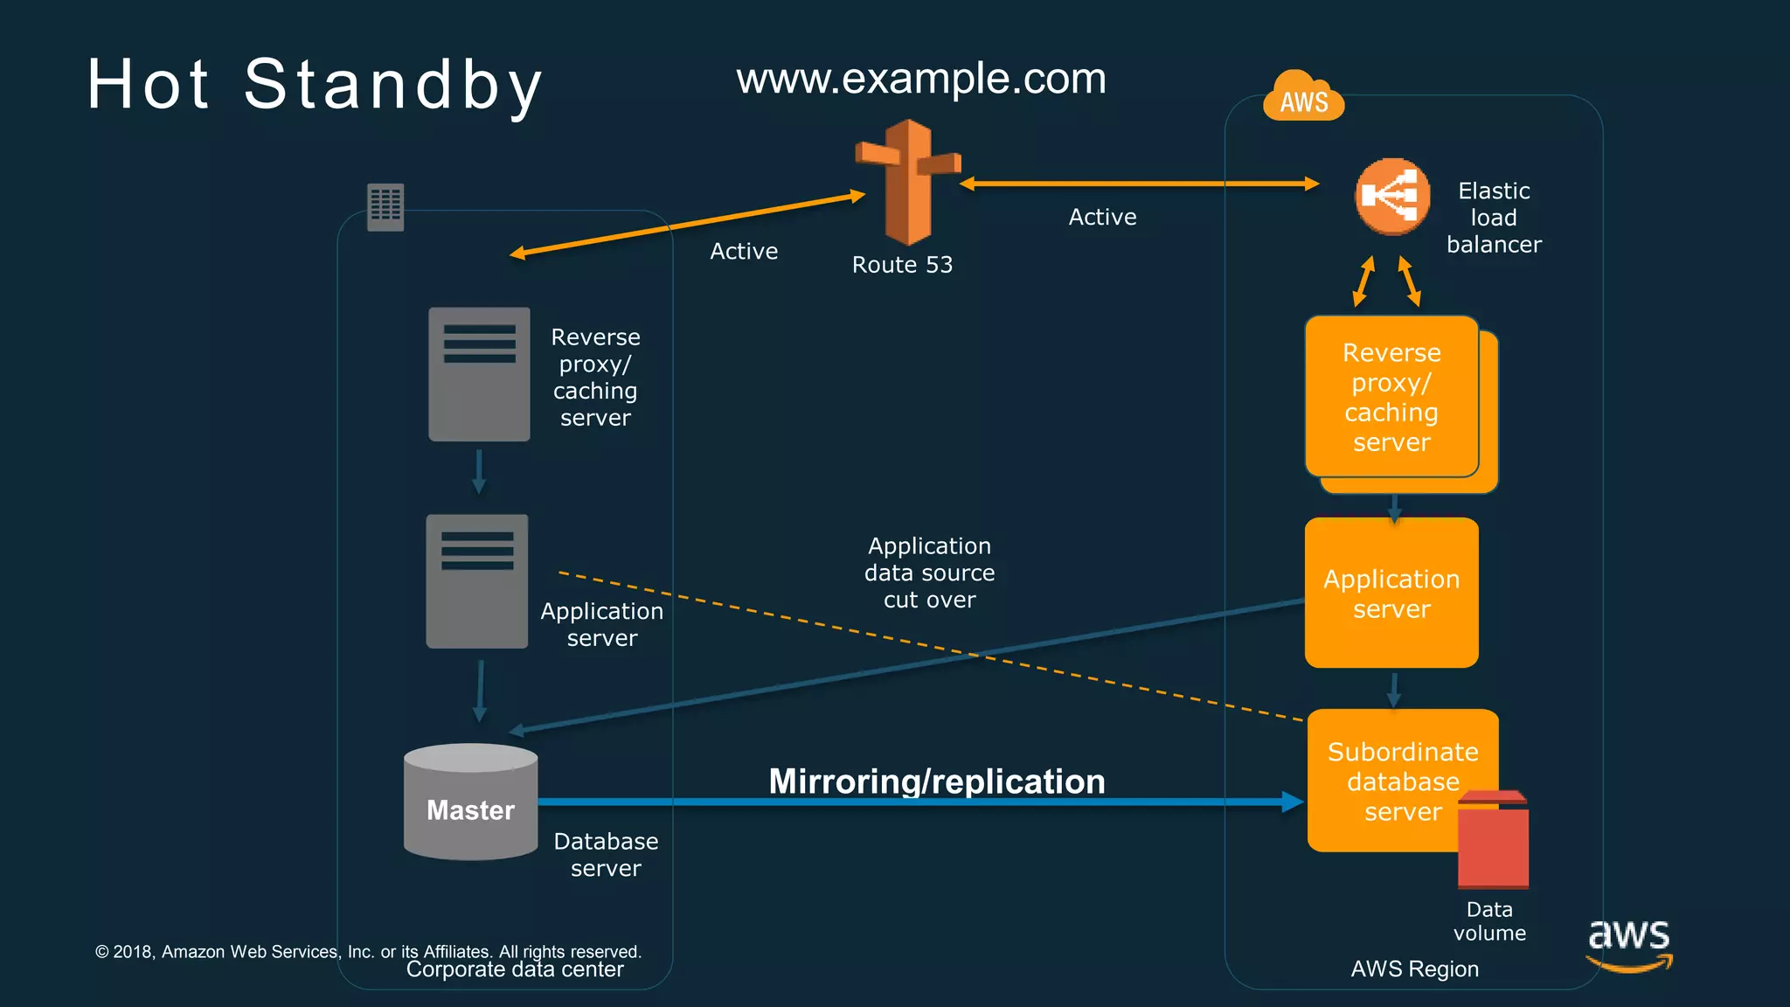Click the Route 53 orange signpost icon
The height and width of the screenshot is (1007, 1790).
(908, 182)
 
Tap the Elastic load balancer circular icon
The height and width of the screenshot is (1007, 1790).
(1392, 197)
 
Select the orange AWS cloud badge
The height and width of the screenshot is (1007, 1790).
(1302, 97)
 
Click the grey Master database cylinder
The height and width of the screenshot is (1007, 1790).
(470, 802)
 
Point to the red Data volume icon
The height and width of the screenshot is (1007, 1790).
(1493, 841)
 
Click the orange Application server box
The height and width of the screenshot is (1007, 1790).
(1391, 594)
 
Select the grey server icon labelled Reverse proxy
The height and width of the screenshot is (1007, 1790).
(479, 374)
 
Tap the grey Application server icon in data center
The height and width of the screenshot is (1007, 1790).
(476, 581)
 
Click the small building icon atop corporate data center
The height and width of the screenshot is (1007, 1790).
(385, 207)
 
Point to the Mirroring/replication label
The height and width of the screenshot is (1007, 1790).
(937, 781)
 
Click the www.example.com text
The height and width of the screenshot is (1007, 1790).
(921, 79)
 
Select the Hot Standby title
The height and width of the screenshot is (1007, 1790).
(315, 85)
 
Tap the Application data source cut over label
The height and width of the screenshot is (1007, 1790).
(929, 573)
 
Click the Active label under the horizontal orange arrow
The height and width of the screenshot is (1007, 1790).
(1102, 217)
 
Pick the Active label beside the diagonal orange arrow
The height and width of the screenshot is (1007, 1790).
(744, 251)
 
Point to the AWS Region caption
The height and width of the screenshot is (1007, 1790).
(1414, 969)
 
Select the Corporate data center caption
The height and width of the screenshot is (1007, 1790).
(515, 969)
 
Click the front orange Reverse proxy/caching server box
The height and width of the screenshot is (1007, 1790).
(1391, 397)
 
